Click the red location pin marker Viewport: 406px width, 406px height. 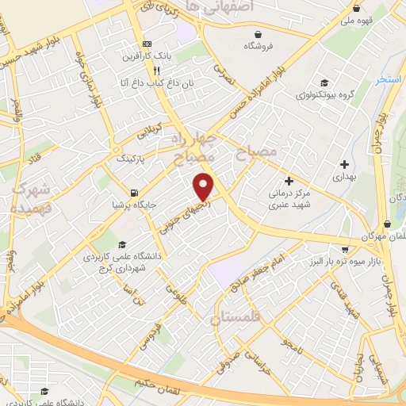pyautogui.click(x=204, y=187)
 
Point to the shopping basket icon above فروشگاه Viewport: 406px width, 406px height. pyautogui.click(x=259, y=34)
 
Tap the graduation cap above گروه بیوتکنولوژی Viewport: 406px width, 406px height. pyautogui.click(x=324, y=82)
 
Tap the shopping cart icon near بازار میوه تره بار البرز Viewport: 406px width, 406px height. pyautogui.click(x=386, y=224)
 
